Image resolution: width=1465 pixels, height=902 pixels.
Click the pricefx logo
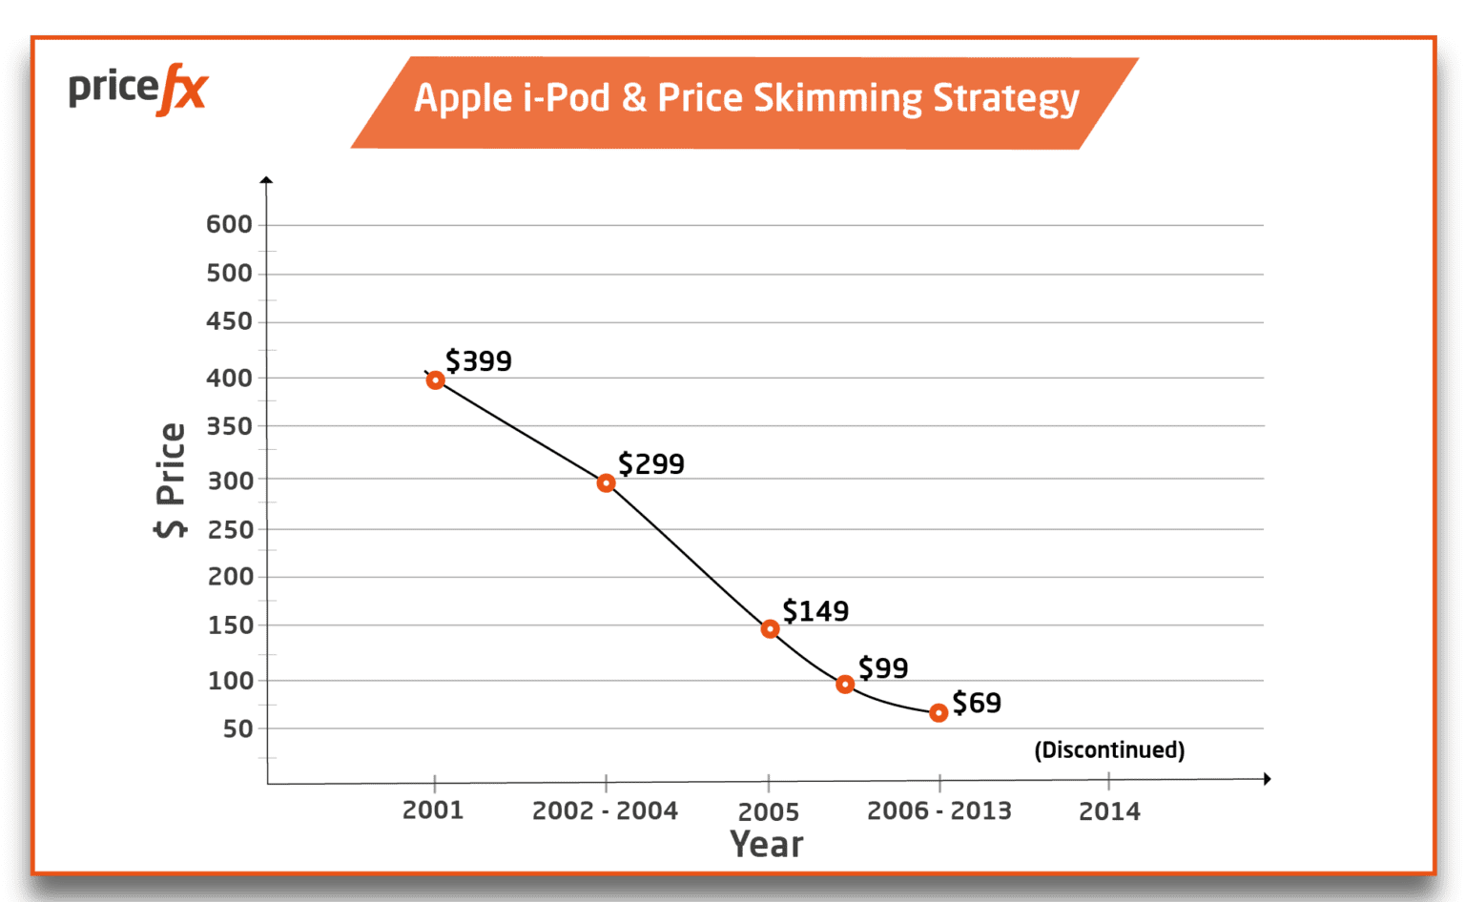click(137, 90)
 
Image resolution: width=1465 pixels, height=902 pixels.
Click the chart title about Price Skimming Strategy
click(745, 99)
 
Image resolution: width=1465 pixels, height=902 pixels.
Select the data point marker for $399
click(435, 380)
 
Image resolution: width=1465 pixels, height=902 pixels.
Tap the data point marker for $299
click(606, 483)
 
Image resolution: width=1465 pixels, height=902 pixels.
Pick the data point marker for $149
click(770, 629)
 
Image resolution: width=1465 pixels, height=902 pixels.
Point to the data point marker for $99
click(844, 685)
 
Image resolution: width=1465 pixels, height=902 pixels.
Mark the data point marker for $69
click(939, 713)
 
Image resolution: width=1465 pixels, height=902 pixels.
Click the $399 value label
click(479, 361)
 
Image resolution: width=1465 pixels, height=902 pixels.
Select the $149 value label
click(815, 611)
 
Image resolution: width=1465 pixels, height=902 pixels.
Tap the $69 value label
click(977, 704)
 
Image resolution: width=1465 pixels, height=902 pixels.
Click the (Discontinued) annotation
click(1109, 750)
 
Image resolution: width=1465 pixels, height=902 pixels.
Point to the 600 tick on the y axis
click(230, 225)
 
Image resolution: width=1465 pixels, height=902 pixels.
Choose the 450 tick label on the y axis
click(230, 322)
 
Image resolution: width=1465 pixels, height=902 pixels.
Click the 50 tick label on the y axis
click(238, 729)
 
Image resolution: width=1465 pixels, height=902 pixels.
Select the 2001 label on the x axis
click(433, 810)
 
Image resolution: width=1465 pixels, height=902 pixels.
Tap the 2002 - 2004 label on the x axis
click(605, 811)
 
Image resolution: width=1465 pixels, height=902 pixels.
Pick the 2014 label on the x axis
click(1109, 812)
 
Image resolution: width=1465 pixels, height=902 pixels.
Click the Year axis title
click(766, 845)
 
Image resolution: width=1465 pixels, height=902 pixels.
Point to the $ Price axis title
click(171, 480)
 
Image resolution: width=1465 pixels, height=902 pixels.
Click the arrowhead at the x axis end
click(1267, 779)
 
